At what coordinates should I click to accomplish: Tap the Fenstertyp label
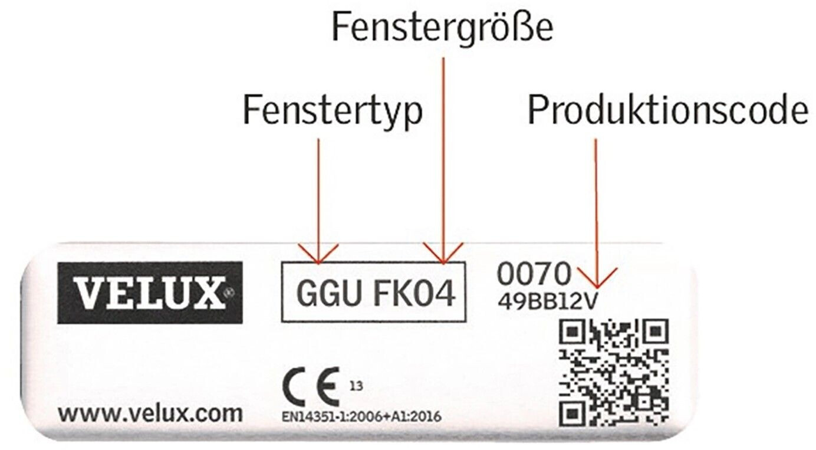coord(333,111)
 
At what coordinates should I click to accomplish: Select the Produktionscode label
coord(668,111)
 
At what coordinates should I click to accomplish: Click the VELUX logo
coord(150,293)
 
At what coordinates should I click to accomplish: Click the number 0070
coord(534,273)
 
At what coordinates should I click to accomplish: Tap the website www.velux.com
coord(150,413)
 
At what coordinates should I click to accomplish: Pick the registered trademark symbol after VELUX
coord(231,290)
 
